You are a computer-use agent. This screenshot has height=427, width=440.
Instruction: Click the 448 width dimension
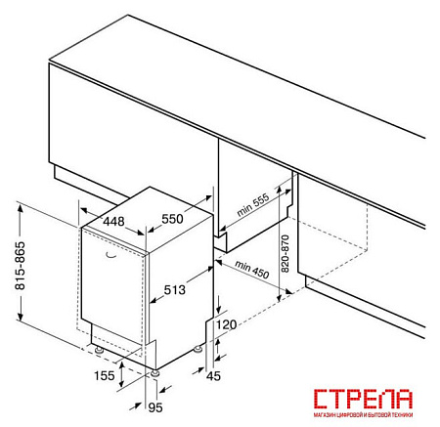point(113,221)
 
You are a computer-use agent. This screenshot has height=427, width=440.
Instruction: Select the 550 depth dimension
point(172,219)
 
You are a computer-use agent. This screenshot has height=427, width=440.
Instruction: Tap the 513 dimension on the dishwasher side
point(174,289)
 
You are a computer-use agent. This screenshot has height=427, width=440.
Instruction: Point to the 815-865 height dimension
point(20,266)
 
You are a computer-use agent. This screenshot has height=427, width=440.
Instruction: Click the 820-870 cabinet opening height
point(286,254)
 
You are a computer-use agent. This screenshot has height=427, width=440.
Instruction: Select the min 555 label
point(253,204)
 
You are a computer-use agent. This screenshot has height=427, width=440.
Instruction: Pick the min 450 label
point(252,270)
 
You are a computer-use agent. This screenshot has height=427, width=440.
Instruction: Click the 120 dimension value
point(227,324)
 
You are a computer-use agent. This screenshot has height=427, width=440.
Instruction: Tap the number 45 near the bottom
point(213,376)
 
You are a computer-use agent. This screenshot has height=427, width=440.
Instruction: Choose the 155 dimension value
point(105,375)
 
